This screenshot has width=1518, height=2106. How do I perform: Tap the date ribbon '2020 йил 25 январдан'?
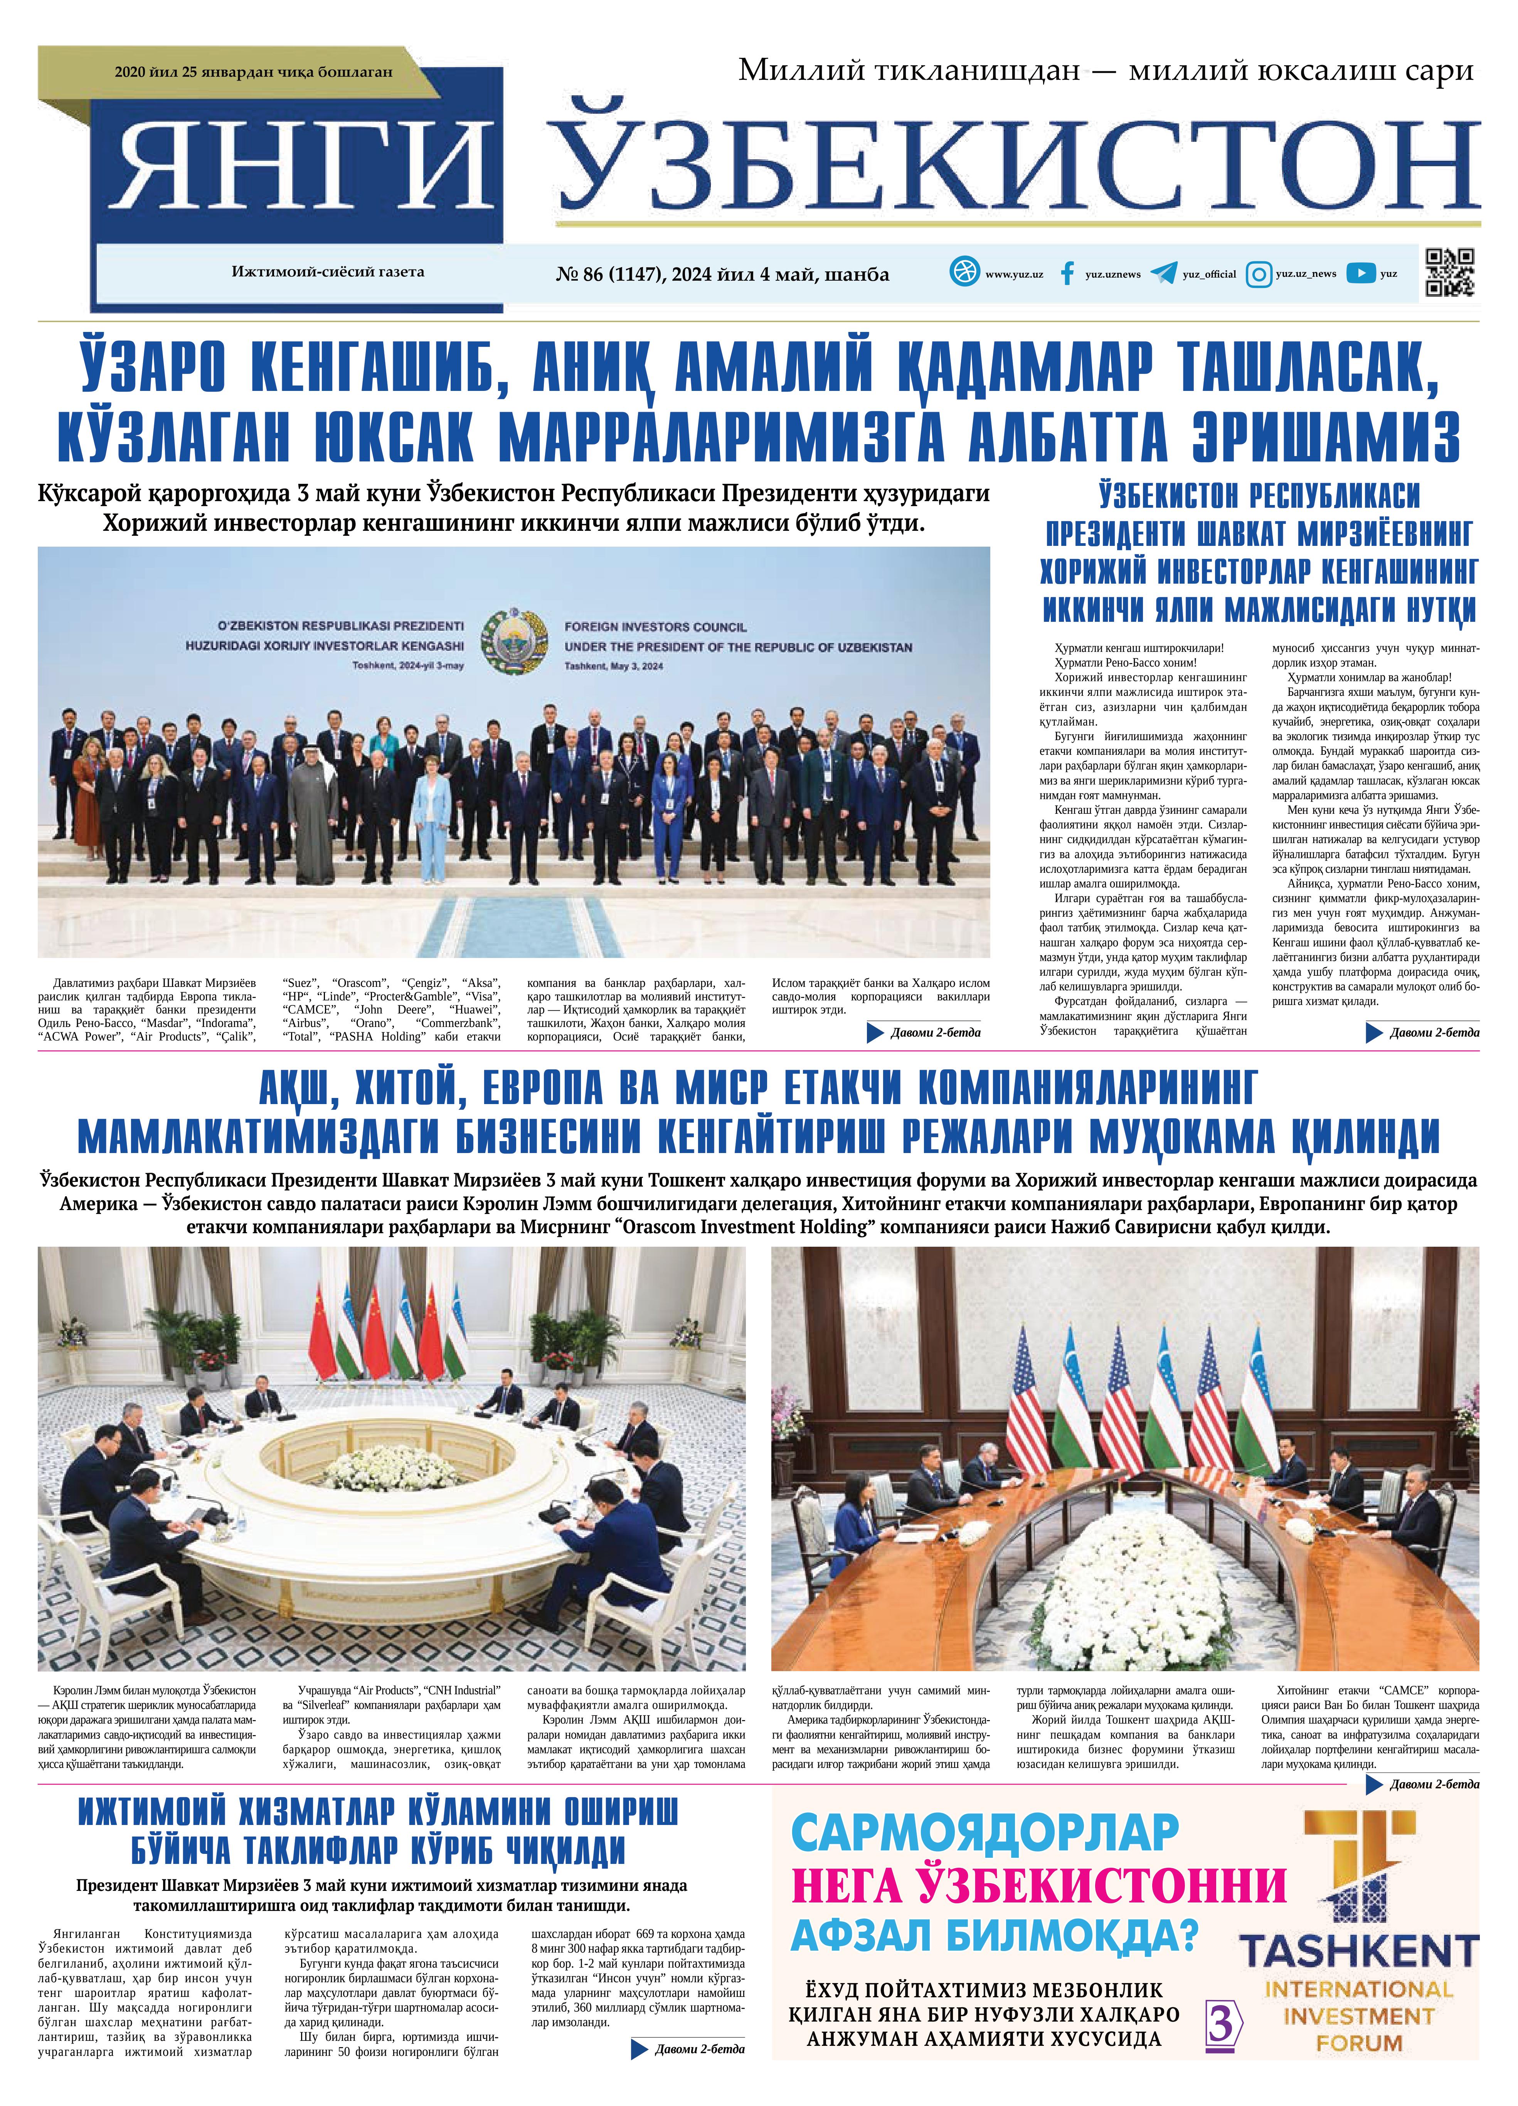pyautogui.click(x=252, y=71)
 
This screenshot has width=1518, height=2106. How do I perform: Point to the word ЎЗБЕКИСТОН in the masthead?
pyautogui.click(x=1016, y=165)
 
